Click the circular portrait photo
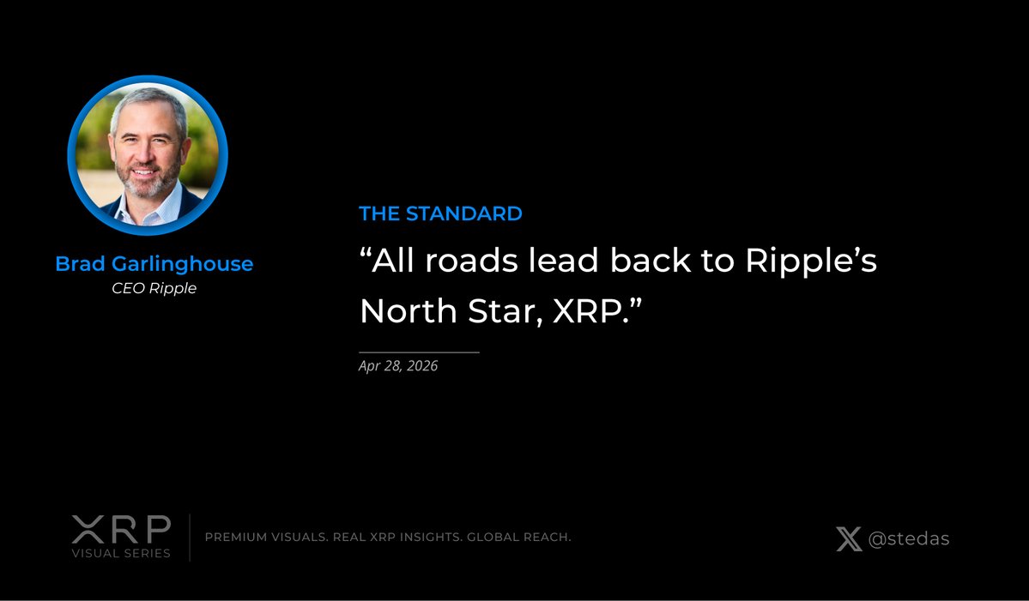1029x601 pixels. click(148, 155)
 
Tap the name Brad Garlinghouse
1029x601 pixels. click(154, 264)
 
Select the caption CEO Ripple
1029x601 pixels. click(154, 288)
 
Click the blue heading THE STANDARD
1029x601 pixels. click(440, 213)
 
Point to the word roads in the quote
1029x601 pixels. click(468, 261)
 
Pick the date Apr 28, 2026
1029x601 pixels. click(398, 366)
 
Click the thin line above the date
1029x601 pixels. click(419, 352)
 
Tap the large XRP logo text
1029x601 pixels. click(121, 529)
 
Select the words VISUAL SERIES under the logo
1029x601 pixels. click(121, 553)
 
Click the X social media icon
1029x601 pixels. click(849, 539)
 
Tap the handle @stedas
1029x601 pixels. click(909, 539)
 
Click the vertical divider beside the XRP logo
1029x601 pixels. click(190, 538)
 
